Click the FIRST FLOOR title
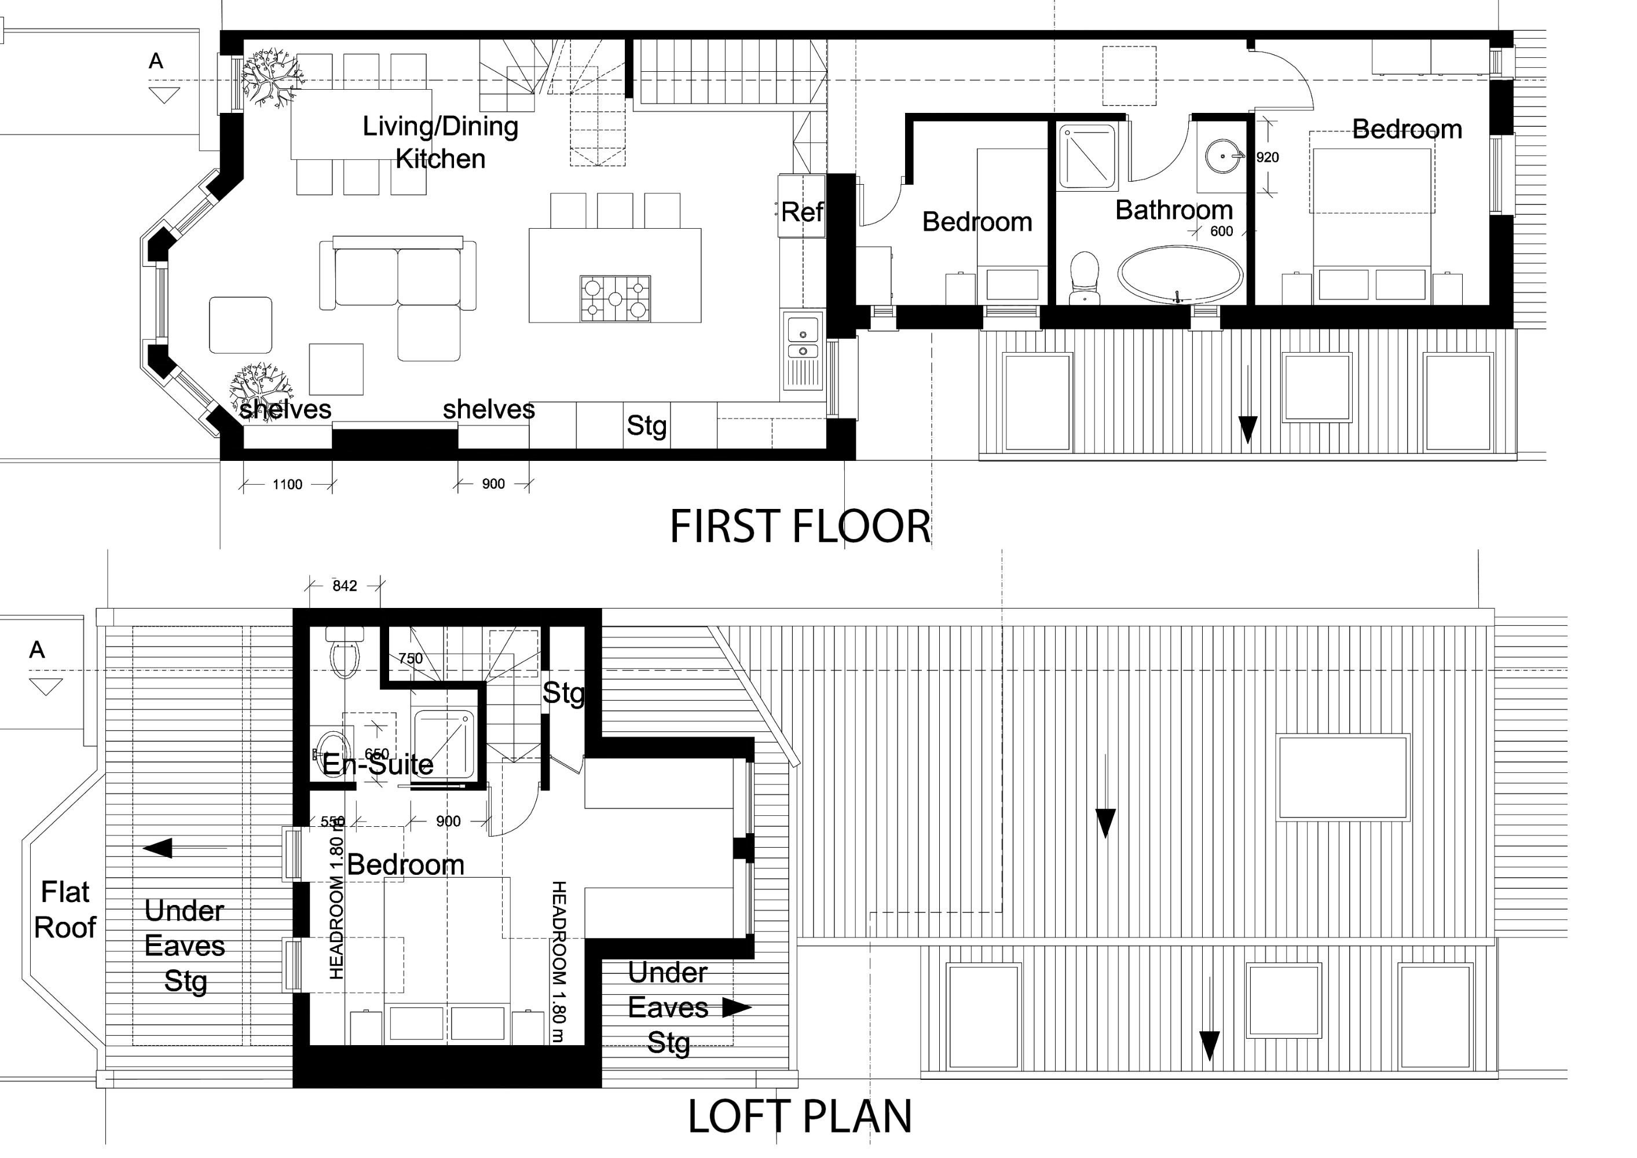[800, 527]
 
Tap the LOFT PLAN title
[800, 1117]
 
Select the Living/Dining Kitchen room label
[441, 142]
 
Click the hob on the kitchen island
[616, 298]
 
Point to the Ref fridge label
[802, 212]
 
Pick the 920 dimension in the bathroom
[1268, 157]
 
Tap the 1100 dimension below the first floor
[287, 485]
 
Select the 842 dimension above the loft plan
[345, 586]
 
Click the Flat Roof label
[65, 910]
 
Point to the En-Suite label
[378, 765]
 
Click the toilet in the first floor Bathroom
[1085, 277]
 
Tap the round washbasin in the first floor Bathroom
[1223, 155]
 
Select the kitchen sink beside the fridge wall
[803, 349]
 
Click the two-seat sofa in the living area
[398, 274]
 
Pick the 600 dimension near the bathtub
[1221, 232]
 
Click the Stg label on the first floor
[647, 426]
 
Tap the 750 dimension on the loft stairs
[411, 659]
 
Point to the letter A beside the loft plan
[37, 650]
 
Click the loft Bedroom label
[406, 865]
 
